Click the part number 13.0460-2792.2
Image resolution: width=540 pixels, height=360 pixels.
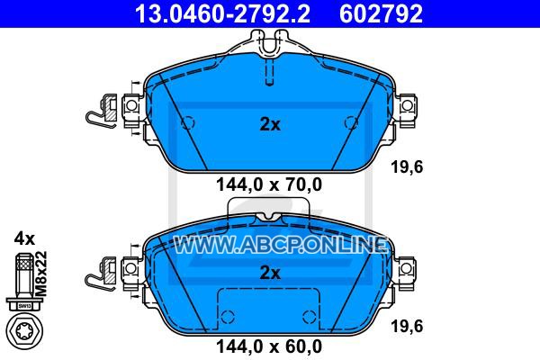[222, 13]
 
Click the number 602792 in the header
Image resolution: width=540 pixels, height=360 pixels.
[381, 13]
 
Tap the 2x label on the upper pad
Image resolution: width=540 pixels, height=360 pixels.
[270, 124]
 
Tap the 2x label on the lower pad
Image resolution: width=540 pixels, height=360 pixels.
[270, 273]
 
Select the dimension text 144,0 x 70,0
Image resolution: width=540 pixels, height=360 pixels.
[269, 184]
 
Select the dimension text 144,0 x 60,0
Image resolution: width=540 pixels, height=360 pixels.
[269, 346]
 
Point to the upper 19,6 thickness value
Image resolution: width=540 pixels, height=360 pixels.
[407, 167]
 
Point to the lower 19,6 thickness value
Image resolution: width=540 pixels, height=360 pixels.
[407, 326]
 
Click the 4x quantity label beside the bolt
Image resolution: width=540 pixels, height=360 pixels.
[24, 238]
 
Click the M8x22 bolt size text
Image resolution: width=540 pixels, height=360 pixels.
[41, 274]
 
